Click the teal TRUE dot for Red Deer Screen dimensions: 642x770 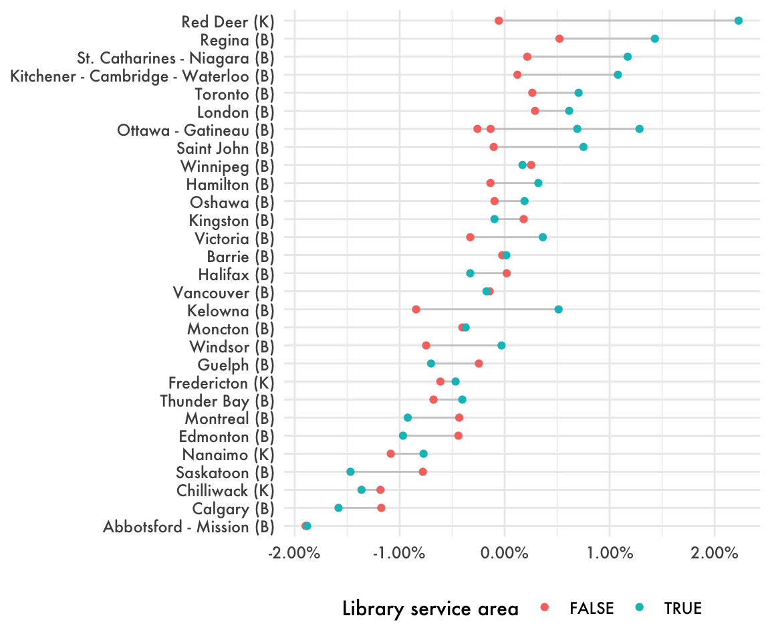tap(738, 21)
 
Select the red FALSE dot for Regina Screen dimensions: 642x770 tap(559, 39)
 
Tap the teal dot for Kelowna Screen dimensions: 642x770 tap(558, 309)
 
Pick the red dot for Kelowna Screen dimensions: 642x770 tap(416, 309)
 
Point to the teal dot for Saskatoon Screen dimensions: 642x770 tap(350, 471)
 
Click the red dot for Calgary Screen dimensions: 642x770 tap(381, 508)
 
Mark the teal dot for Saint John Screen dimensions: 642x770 tap(584, 147)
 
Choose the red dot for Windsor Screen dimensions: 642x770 tap(426, 345)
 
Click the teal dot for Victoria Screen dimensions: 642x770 tap(543, 237)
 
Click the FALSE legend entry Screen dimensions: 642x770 tap(591, 608)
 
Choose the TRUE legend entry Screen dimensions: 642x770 tap(682, 608)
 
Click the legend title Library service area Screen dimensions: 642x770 tap(430, 609)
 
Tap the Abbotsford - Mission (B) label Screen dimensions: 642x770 tap(188, 526)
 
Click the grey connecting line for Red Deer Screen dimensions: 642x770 tap(618, 21)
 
